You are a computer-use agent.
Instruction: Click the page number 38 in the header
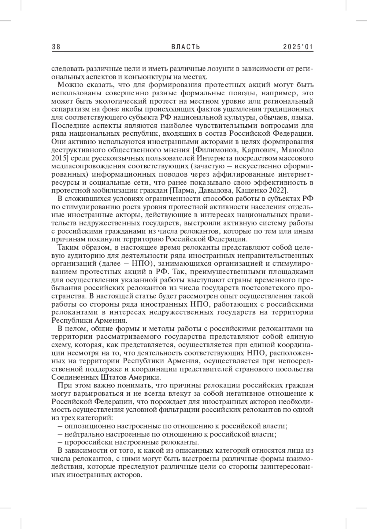56,47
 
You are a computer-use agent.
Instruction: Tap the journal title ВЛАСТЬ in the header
186,47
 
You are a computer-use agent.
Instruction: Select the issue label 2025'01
298,47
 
